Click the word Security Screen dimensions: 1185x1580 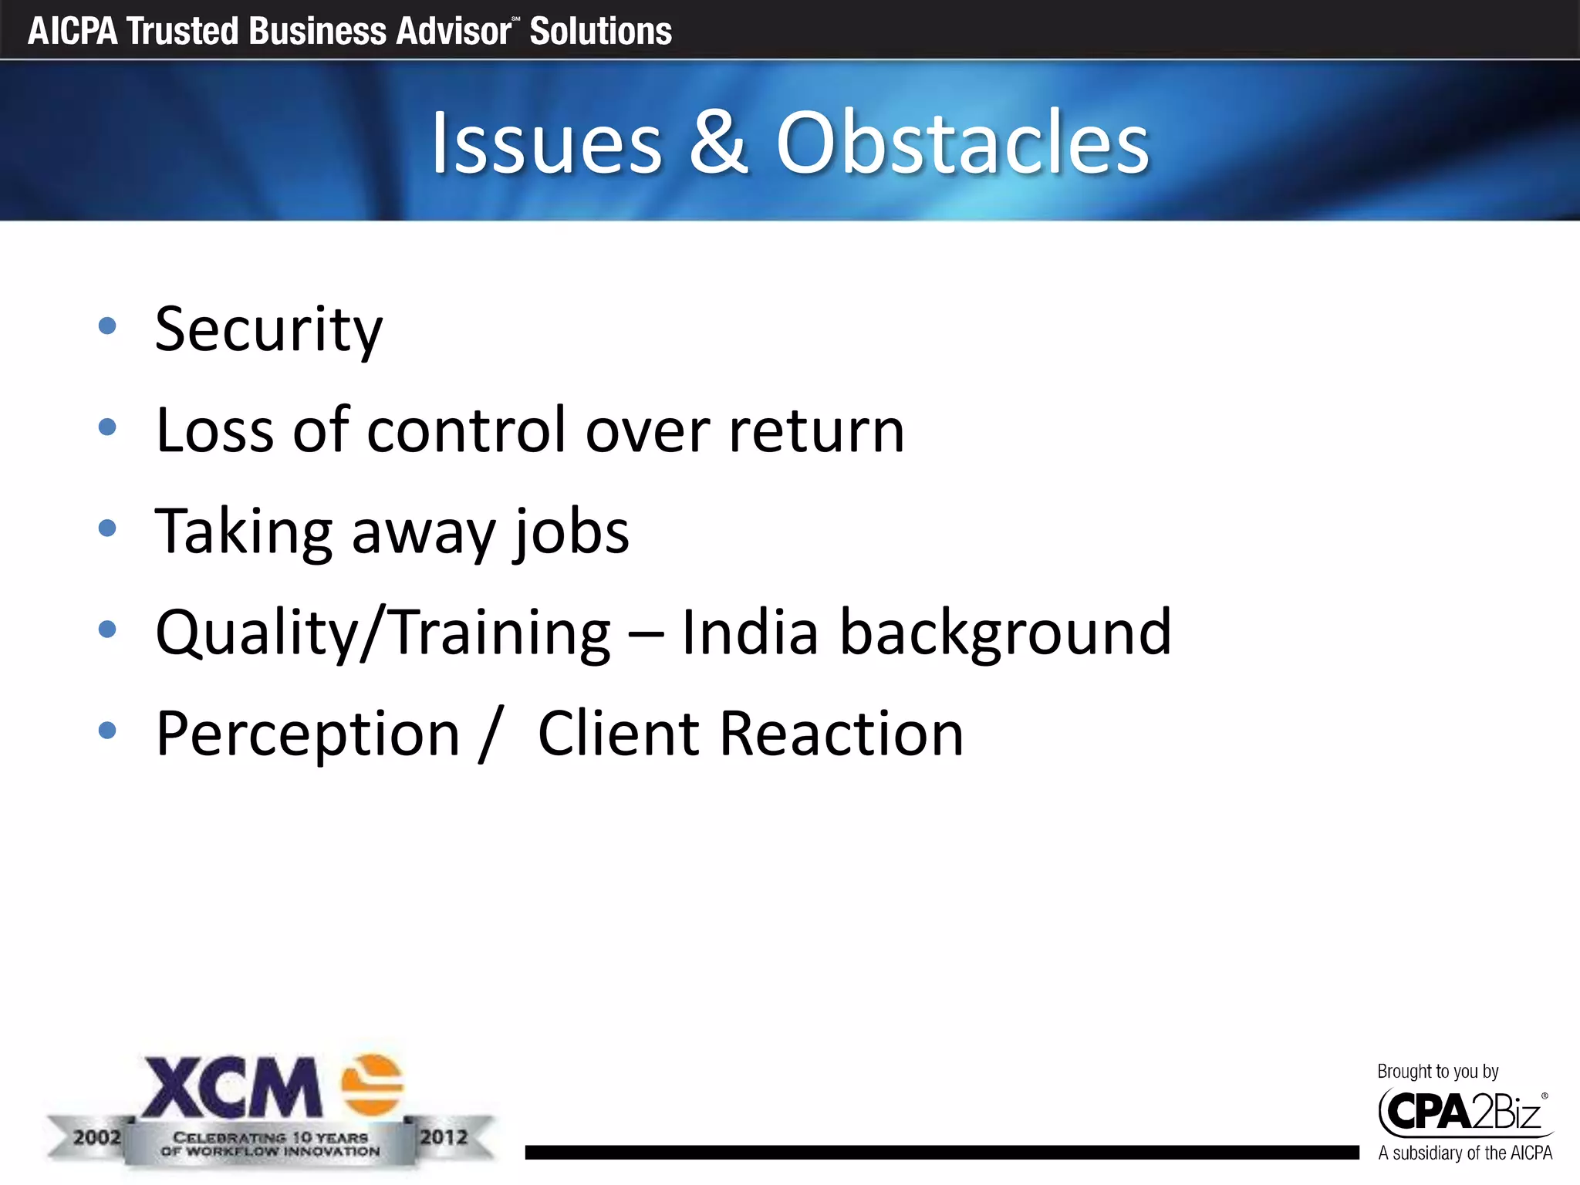point(268,329)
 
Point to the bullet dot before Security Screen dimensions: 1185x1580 point(107,326)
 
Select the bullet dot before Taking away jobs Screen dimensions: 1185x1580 point(107,528)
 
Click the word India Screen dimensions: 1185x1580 point(749,633)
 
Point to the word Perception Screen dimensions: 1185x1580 point(308,735)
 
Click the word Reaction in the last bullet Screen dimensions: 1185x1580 point(842,734)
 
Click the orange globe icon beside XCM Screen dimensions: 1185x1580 point(373,1085)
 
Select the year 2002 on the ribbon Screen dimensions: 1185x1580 point(97,1137)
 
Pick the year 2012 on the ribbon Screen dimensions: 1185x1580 point(444,1137)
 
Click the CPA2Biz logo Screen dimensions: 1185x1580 point(1464,1112)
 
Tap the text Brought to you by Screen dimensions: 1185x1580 point(1437,1072)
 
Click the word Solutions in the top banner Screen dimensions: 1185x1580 point(600,32)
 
